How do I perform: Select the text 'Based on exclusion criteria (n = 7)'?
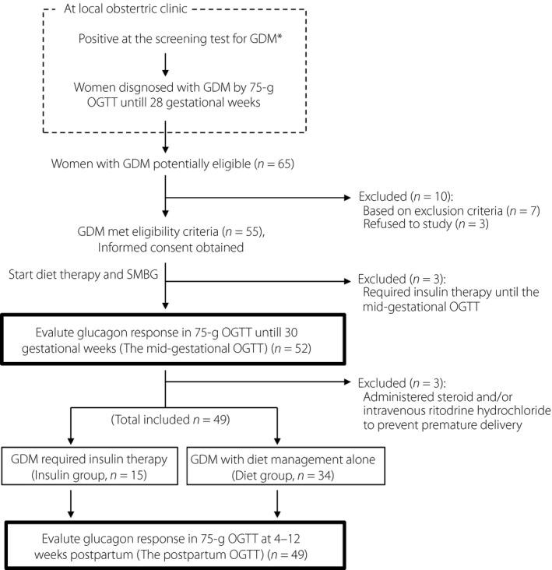click(x=441, y=212)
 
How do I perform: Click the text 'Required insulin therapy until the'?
click(x=444, y=292)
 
